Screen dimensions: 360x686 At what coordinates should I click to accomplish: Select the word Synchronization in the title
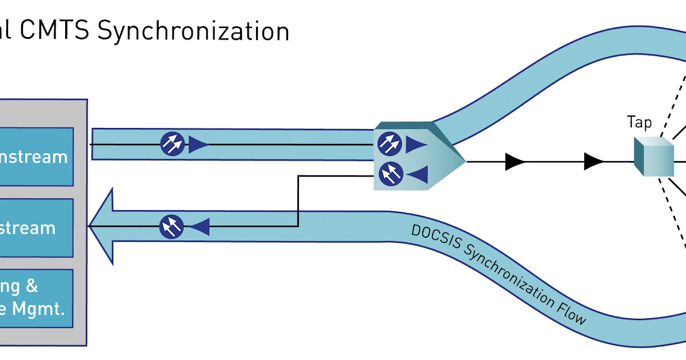[193, 31]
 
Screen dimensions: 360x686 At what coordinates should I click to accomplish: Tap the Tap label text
[639, 122]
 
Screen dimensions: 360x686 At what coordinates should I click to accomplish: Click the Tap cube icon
[653, 157]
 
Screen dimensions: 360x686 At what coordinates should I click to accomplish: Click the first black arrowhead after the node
[514, 162]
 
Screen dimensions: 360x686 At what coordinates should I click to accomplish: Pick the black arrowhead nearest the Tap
[593, 162]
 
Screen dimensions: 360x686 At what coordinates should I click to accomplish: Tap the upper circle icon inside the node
[389, 143]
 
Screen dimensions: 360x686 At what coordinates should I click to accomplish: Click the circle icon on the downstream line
[172, 144]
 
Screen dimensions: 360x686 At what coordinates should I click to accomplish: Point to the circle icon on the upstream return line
[171, 227]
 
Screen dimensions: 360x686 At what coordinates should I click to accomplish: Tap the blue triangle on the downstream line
[198, 145]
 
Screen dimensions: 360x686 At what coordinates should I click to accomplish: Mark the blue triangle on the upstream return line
[200, 227]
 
